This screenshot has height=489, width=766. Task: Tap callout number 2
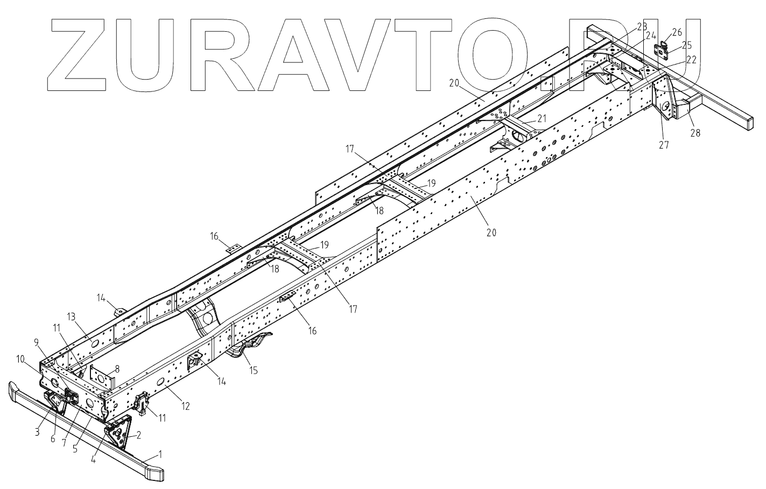click(138, 435)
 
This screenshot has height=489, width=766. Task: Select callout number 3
click(38, 431)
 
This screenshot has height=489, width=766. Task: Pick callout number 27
click(664, 144)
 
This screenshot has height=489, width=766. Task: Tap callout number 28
click(695, 132)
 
